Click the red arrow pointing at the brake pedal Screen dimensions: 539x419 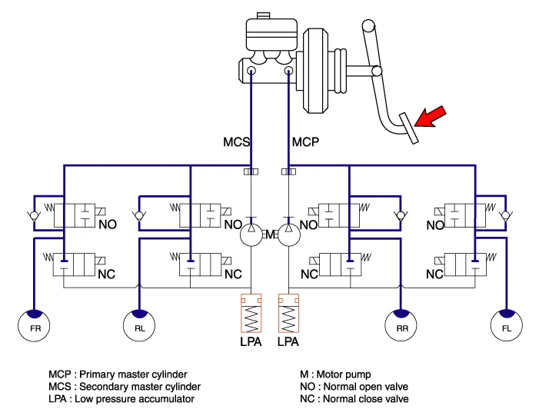coord(431,117)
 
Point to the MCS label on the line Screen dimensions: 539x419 coord(237,142)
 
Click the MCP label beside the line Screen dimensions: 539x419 coord(305,142)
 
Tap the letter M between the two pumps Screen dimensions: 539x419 coord(270,234)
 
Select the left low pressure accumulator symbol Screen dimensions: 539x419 coord(251,313)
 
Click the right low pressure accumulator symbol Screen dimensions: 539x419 coord(289,313)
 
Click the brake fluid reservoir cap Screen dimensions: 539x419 coord(263,16)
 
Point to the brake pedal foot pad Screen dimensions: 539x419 coord(409,128)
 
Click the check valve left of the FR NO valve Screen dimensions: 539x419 coord(34,216)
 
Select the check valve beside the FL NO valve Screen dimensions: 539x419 coord(506,216)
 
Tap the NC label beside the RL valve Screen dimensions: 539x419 coord(233,274)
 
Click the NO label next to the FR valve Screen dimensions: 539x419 coord(108,224)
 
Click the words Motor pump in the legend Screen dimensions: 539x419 coord(344,374)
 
